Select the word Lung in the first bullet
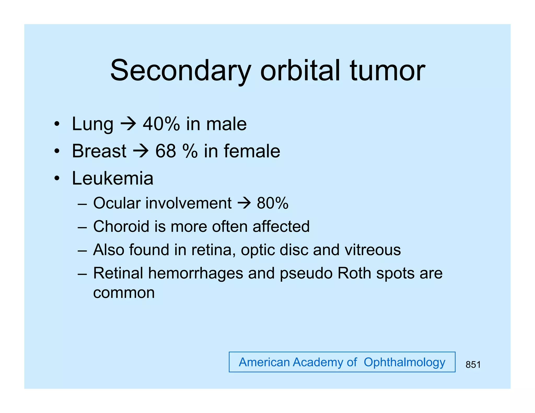click(92, 124)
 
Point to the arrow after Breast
click(141, 151)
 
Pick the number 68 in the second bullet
click(166, 151)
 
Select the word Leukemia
click(113, 178)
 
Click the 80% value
click(272, 203)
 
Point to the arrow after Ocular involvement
click(244, 203)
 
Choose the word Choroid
click(121, 226)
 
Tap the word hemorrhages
click(196, 273)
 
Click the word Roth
click(354, 273)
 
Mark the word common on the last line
click(124, 293)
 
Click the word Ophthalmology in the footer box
click(404, 362)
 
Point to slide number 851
click(473, 365)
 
